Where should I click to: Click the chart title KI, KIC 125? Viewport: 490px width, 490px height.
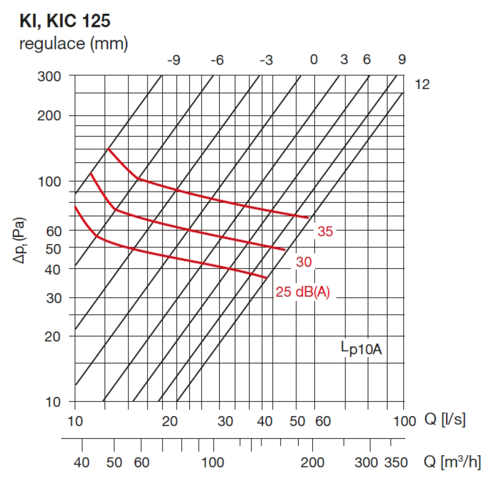tap(65, 21)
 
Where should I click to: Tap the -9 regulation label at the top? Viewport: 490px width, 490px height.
tap(174, 60)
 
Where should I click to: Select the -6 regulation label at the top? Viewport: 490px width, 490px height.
tap(217, 60)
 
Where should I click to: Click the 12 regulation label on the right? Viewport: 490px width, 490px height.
tap(422, 85)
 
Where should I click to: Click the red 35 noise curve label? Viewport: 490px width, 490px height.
tap(325, 232)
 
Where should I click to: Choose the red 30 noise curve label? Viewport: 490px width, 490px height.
tap(304, 263)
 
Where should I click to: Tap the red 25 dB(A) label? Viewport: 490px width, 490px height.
tap(303, 293)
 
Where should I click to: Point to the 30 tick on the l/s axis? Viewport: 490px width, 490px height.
tap(225, 420)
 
